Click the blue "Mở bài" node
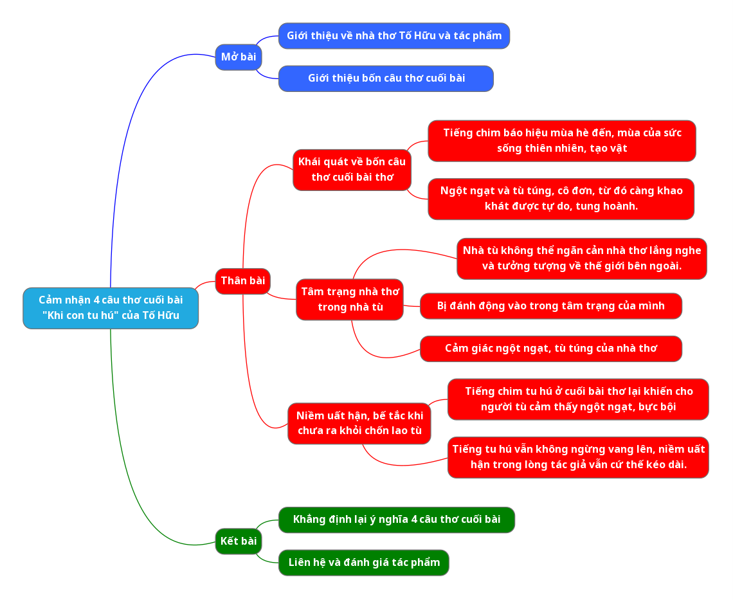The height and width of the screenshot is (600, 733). coord(238,57)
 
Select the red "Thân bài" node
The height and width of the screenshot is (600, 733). coord(242,281)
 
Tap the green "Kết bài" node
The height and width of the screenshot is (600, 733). coord(238,541)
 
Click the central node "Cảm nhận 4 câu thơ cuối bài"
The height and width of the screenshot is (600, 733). coord(111,308)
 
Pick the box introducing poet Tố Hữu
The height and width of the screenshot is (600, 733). coord(394,36)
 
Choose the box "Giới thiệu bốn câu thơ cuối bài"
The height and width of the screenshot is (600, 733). coord(386,78)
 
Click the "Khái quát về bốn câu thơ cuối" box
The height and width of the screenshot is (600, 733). coord(352,170)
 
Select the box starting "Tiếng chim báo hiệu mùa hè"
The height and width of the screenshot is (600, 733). coord(561,141)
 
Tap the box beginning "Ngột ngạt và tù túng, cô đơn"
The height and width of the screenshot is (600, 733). coord(561,199)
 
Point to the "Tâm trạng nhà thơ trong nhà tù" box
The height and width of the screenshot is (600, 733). coord(350,300)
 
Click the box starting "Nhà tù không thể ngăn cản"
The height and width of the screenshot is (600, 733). coord(581,259)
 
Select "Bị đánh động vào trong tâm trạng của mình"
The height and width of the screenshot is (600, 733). coord(550,306)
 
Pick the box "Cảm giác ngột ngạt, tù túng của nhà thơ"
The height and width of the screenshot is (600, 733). coord(550,349)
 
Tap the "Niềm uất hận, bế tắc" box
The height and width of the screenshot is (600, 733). coord(359,423)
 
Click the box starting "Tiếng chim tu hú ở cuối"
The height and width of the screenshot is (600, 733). coord(578,399)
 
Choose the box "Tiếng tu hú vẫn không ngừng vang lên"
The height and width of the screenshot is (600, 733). coord(578,457)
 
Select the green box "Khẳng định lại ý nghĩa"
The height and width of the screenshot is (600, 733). coord(396,520)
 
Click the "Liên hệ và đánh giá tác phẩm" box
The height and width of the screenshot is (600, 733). coord(363,563)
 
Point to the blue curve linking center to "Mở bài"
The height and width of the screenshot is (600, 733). coord(129,129)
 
